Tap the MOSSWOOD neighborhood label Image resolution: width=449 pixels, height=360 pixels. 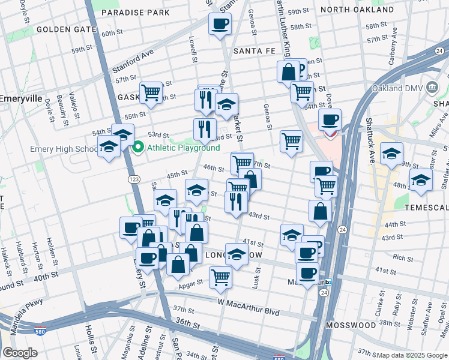(351, 325)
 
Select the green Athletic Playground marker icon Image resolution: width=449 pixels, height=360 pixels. (138, 147)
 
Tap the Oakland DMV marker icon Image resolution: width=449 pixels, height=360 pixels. (431, 88)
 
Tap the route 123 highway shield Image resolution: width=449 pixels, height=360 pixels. (134, 179)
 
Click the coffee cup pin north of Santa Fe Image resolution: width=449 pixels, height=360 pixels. (220, 25)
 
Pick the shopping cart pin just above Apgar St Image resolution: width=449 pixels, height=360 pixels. (221, 277)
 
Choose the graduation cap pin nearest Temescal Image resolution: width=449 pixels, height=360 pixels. (421, 179)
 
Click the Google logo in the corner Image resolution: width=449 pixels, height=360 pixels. (20, 353)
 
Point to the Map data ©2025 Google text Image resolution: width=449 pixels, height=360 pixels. (412, 355)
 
